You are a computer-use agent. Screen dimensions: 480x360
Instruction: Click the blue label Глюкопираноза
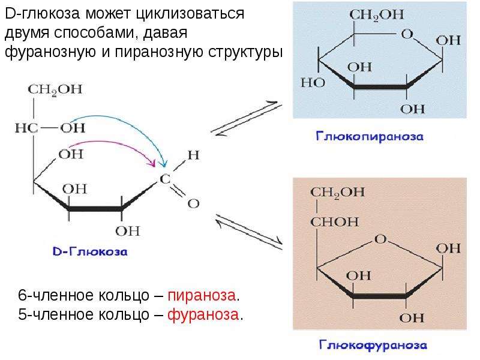click(x=370, y=136)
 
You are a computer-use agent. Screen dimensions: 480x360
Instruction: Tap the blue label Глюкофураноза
click(x=373, y=344)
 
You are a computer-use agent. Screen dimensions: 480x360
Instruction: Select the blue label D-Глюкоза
click(x=90, y=251)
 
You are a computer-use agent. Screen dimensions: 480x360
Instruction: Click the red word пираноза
click(x=202, y=295)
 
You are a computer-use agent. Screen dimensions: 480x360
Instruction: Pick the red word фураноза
click(x=203, y=314)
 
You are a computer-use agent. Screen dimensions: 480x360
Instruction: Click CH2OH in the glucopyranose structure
click(x=377, y=14)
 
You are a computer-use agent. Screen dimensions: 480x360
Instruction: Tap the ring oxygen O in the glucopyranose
click(x=407, y=34)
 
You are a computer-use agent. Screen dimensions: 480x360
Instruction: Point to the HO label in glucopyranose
click(x=313, y=83)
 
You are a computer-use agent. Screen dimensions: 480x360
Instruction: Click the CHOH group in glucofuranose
click(x=335, y=221)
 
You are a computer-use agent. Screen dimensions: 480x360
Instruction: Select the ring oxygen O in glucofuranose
click(x=380, y=239)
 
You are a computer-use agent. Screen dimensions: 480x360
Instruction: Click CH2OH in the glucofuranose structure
click(x=337, y=193)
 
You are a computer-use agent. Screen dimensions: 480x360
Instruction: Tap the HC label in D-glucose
click(x=26, y=128)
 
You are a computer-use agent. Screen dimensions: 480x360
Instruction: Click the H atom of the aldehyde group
click(x=193, y=155)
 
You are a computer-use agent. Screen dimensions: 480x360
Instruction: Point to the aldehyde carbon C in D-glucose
click(x=165, y=179)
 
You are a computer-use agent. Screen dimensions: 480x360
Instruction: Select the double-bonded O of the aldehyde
click(x=193, y=203)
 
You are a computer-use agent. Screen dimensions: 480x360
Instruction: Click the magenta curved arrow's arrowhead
click(x=152, y=163)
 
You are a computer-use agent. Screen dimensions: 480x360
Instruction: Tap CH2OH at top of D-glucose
click(x=55, y=89)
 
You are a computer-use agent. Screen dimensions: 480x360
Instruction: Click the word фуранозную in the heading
click(x=50, y=52)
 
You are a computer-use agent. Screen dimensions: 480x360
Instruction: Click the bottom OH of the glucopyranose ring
click(x=412, y=109)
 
